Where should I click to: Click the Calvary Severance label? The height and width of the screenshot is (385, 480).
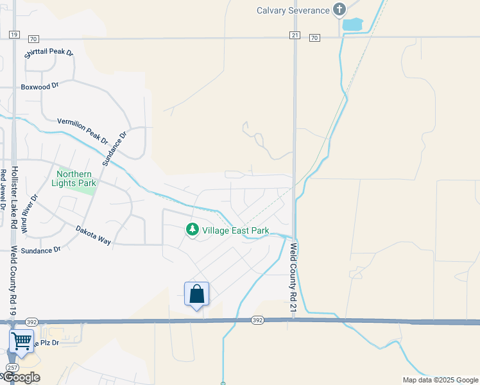292,10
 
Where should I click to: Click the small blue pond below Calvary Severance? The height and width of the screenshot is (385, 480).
352,25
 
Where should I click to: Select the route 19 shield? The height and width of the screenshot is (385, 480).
14,35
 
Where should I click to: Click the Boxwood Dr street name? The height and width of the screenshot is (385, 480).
40,85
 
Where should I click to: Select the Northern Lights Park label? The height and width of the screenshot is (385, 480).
76,178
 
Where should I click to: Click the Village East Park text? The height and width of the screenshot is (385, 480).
236,230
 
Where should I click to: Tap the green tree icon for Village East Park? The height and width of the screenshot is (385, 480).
191,229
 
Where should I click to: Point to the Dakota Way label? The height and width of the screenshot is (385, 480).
93,235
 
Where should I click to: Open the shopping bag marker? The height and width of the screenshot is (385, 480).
197,295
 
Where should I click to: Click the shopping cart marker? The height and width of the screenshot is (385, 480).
21,341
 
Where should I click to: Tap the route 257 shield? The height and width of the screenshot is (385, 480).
12,367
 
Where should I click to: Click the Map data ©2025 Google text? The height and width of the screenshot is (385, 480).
440,380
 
